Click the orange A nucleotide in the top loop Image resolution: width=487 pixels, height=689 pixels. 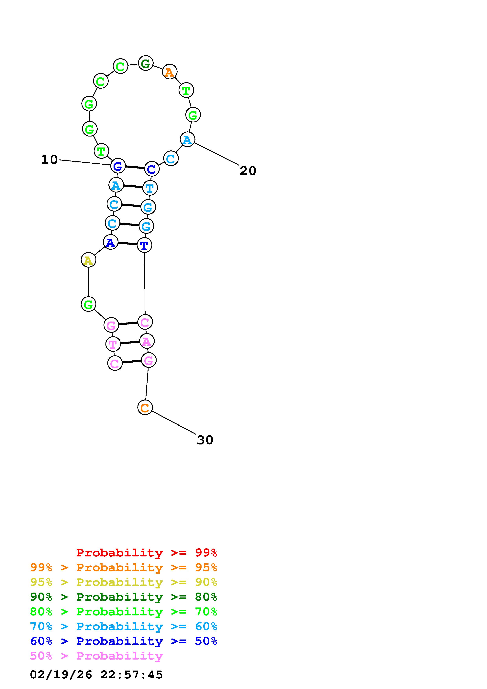point(170,72)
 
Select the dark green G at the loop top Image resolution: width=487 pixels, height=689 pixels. point(146,63)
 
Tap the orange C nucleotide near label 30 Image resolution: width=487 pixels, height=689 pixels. point(145,408)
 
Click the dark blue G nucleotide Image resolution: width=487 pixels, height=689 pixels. point(118,166)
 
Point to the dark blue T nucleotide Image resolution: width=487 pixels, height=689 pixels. point(144,246)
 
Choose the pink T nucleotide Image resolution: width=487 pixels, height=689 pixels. point(113,344)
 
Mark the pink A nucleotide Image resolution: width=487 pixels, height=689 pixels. point(147,341)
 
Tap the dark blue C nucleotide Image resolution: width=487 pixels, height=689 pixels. point(151,169)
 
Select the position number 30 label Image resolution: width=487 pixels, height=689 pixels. point(205,440)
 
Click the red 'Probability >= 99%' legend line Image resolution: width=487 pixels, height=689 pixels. point(147,553)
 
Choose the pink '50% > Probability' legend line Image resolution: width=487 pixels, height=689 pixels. point(96,656)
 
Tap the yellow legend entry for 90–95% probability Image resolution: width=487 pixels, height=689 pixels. point(123,582)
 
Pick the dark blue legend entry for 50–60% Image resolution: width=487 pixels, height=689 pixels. point(123,641)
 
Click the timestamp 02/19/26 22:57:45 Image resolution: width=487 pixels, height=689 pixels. point(96,675)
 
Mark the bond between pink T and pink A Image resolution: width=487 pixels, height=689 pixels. point(130,343)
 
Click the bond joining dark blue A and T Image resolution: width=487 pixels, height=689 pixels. point(127,244)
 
